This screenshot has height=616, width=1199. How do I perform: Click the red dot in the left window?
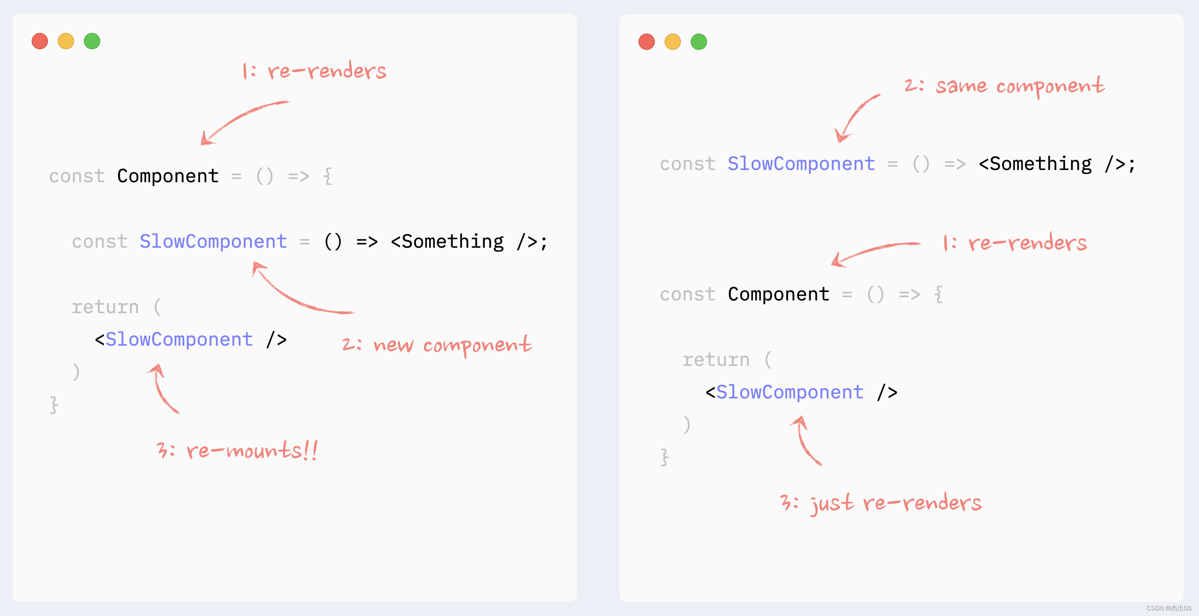pyautogui.click(x=40, y=41)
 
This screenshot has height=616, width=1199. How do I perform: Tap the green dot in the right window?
pyautogui.click(x=699, y=41)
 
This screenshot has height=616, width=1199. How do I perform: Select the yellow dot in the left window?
pyautogui.click(x=66, y=41)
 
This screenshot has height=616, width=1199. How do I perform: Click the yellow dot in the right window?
pyautogui.click(x=672, y=41)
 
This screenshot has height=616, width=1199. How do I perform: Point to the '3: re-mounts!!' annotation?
pyautogui.click(x=237, y=450)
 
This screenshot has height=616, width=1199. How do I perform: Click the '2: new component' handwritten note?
pyautogui.click(x=437, y=345)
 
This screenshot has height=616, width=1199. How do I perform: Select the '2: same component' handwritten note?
pyautogui.click(x=1004, y=86)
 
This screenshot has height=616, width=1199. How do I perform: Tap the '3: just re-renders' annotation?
pyautogui.click(x=880, y=503)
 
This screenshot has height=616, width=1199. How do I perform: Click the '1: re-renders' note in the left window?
pyautogui.click(x=314, y=71)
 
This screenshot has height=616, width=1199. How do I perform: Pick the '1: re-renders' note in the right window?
pyautogui.click(x=1015, y=243)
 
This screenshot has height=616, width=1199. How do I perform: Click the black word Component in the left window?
pyautogui.click(x=168, y=176)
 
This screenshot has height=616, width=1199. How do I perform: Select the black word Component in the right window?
pyautogui.click(x=778, y=294)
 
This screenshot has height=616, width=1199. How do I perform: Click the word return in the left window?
pyautogui.click(x=105, y=307)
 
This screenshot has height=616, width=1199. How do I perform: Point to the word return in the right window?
pyautogui.click(x=716, y=360)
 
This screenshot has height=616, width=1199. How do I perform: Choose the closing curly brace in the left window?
pyautogui.click(x=54, y=405)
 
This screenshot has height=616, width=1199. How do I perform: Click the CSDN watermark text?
pyautogui.click(x=1169, y=608)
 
